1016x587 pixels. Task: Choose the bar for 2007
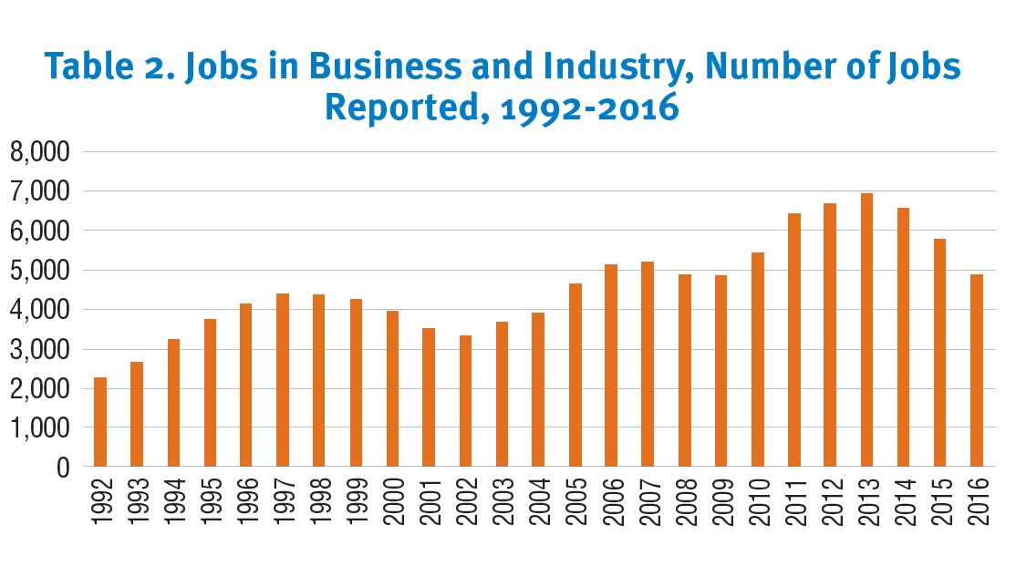[648, 364]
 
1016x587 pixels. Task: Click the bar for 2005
[575, 375]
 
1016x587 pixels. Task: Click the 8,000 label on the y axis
[40, 153]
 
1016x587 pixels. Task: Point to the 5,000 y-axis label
[40, 271]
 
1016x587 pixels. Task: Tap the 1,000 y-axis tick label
[40, 427]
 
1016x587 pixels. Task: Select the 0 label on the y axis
[63, 468]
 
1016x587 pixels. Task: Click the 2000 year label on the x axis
[392, 500]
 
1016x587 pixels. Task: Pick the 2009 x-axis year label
[721, 500]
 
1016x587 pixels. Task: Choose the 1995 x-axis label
[210, 500]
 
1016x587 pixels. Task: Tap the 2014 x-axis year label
[904, 500]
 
